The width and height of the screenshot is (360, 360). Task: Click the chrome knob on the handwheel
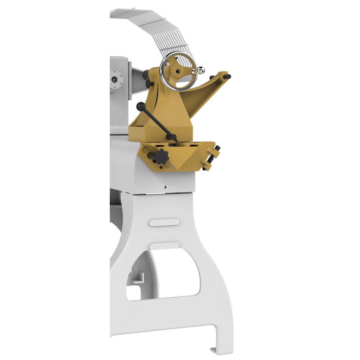pos(201,69)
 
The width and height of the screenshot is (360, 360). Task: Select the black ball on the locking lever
pos(140,107)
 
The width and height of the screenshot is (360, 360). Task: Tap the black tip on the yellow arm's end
pos(227,76)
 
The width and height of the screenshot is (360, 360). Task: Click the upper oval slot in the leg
pos(164,222)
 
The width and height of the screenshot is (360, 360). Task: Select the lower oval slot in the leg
pos(164,246)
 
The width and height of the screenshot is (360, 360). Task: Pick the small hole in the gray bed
pos(165,187)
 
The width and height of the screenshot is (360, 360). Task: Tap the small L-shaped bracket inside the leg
pos(136,279)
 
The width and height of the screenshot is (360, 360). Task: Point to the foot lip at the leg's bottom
pos(220,347)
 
